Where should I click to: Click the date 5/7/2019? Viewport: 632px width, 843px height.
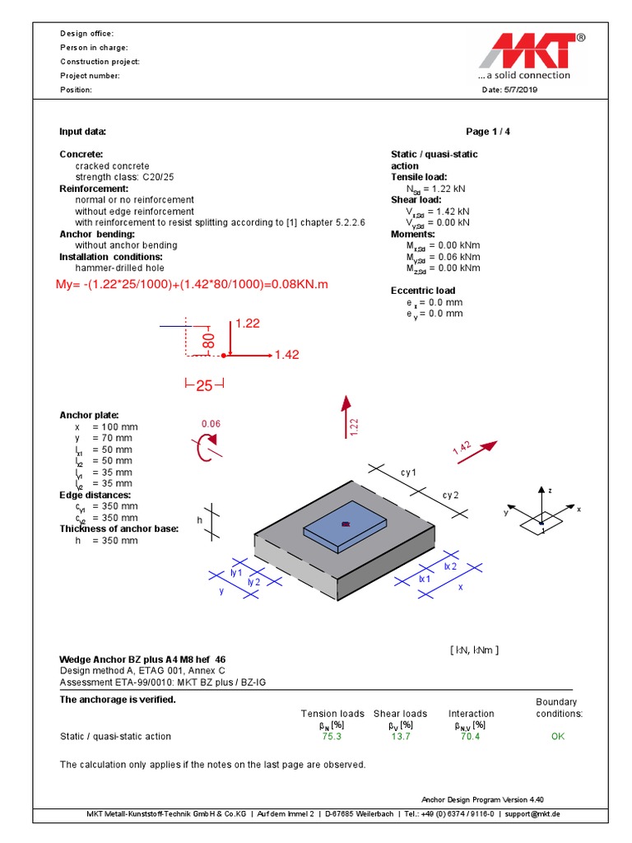pyautogui.click(x=509, y=90)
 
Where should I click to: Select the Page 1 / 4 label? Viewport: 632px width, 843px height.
pyautogui.click(x=493, y=132)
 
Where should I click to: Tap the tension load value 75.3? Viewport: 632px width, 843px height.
pyautogui.click(x=332, y=737)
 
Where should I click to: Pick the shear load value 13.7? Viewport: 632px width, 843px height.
pyautogui.click(x=400, y=737)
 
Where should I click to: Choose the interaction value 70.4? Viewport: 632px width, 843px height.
pyautogui.click(x=471, y=737)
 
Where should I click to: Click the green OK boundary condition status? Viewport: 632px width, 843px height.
pyautogui.click(x=558, y=737)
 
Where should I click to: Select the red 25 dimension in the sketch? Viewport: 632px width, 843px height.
pyautogui.click(x=204, y=386)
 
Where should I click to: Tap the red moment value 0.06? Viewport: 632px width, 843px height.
pyautogui.click(x=211, y=424)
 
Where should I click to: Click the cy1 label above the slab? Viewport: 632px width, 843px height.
pyautogui.click(x=409, y=473)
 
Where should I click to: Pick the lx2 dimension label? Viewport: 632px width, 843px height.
pyautogui.click(x=450, y=566)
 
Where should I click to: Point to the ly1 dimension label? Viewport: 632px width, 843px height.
pyautogui.click(x=236, y=572)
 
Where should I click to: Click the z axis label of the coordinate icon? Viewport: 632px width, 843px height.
pyautogui.click(x=549, y=490)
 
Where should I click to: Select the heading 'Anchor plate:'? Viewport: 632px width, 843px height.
pyautogui.click(x=89, y=416)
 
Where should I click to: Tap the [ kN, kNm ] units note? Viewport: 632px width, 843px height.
pyautogui.click(x=474, y=650)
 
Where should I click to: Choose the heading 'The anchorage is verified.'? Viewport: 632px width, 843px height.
pyautogui.click(x=118, y=700)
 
